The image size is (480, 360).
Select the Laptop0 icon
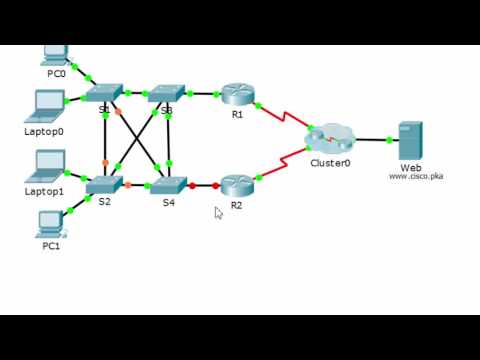(x=47, y=105)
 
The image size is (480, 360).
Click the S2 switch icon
(x=103, y=184)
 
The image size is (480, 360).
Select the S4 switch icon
(x=167, y=184)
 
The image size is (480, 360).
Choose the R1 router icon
(x=237, y=94)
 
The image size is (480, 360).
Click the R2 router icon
(x=237, y=184)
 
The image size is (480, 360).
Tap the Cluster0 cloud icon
(x=331, y=137)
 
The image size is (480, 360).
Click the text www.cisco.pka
(x=416, y=176)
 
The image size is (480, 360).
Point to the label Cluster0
(x=330, y=163)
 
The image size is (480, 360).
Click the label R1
(x=237, y=115)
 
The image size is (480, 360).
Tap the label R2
(x=236, y=206)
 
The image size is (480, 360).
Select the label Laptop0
(x=44, y=131)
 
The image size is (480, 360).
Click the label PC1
(x=51, y=246)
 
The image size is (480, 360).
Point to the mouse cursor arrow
(x=218, y=212)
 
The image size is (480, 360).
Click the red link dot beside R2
(x=215, y=185)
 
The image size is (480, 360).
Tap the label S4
(x=169, y=203)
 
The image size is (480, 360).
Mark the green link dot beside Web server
(x=386, y=140)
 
